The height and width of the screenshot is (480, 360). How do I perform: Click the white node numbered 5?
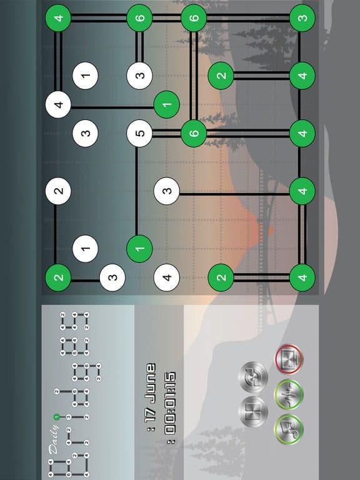pyautogui.click(x=139, y=133)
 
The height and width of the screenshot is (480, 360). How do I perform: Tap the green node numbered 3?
pyautogui.click(x=302, y=17)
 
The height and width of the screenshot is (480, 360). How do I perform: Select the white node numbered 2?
pyautogui.click(x=58, y=191)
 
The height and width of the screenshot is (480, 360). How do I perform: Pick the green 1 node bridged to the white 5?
pyautogui.click(x=139, y=249)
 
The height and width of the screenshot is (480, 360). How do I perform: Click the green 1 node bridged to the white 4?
pyautogui.click(x=166, y=104)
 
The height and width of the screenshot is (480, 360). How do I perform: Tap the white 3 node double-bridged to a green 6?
pyautogui.click(x=139, y=75)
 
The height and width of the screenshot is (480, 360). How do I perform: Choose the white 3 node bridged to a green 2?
pyautogui.click(x=112, y=277)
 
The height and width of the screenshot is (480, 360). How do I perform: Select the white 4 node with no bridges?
pyautogui.click(x=166, y=277)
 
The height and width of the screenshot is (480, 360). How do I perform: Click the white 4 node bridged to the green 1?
pyautogui.click(x=58, y=104)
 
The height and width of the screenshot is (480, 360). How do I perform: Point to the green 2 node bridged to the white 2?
pyautogui.click(x=58, y=277)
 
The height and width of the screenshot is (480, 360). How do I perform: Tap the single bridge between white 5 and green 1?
pyautogui.click(x=136, y=191)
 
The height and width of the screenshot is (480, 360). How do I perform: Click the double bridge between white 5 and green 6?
pyautogui.click(x=166, y=133)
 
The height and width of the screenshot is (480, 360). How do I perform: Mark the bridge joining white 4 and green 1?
pyautogui.click(x=112, y=107)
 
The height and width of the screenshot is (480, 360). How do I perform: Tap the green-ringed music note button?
pyautogui.click(x=289, y=429)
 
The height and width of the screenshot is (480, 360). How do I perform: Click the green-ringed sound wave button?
pyautogui.click(x=289, y=394)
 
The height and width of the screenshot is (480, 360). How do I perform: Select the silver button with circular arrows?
pyautogui.click(x=253, y=377)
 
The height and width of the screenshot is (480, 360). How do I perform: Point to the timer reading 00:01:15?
pyautogui.click(x=170, y=403)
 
